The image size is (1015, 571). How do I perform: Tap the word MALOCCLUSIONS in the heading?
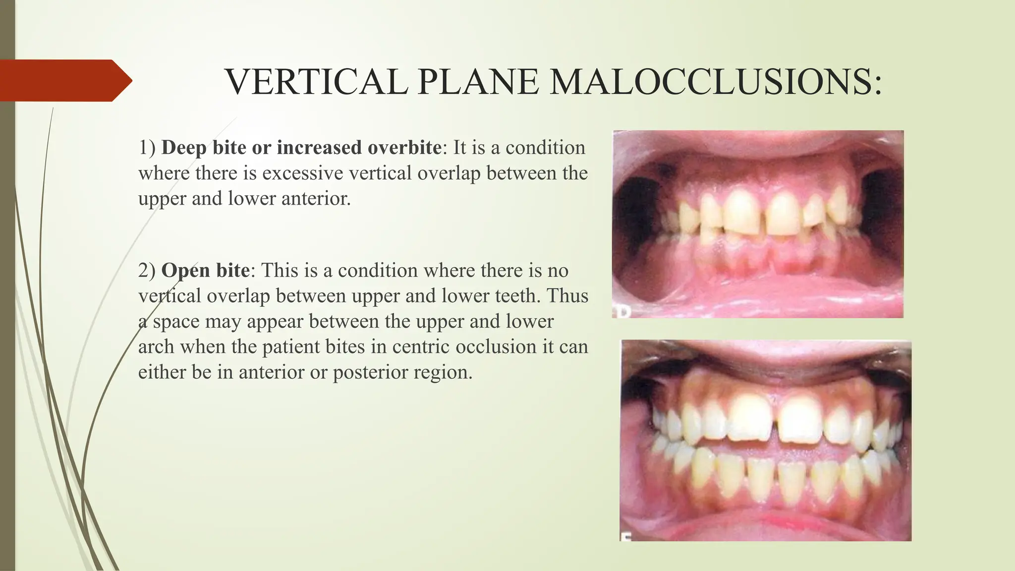coord(716,82)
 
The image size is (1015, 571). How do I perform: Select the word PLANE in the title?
coord(478,82)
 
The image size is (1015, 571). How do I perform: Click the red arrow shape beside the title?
coord(64,80)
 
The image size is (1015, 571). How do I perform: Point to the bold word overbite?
coord(404,148)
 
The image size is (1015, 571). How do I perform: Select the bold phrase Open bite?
coord(205,271)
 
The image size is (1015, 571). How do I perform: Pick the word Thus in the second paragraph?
coord(568,296)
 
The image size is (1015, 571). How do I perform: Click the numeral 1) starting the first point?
coord(147,148)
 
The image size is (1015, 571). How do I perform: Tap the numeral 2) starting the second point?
coord(147,271)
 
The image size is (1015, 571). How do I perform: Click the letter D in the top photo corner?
coord(619,312)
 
